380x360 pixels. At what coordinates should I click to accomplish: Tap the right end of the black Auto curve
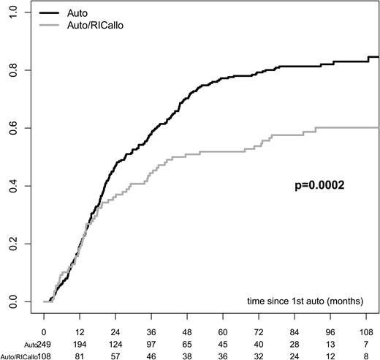click(377, 56)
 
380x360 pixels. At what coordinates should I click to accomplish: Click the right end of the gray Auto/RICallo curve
click(377, 127)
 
